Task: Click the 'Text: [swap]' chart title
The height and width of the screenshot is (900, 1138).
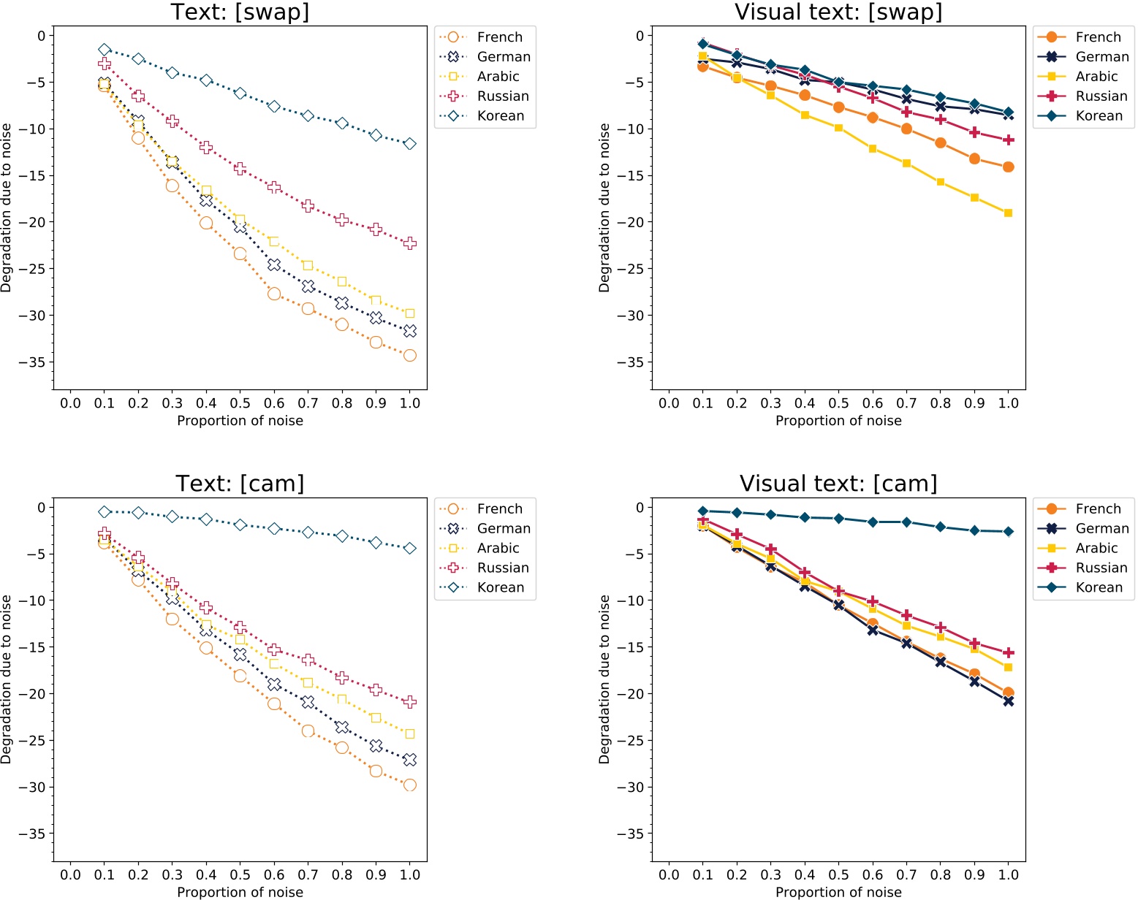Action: coord(240,12)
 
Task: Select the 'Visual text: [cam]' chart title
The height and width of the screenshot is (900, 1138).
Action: coord(838,484)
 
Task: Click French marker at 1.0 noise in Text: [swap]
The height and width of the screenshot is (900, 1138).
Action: coord(410,356)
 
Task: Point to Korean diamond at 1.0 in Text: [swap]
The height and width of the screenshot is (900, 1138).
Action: coord(410,144)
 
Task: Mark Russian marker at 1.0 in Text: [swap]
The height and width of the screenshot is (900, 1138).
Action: coord(410,243)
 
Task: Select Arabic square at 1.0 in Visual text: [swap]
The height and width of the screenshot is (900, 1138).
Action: coord(1009,213)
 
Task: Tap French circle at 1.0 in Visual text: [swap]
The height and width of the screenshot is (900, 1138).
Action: coord(1009,167)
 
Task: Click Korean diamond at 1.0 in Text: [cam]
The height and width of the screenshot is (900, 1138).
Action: coord(410,549)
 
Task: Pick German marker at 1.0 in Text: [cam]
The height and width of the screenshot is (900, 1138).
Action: coord(410,760)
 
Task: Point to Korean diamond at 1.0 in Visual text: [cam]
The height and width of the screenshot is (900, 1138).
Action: coord(1009,532)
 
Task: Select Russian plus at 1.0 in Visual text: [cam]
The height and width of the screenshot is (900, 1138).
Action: coord(1009,653)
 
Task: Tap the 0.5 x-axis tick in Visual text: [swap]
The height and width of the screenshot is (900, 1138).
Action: coord(838,403)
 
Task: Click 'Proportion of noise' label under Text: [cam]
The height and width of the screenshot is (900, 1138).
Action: coord(240,892)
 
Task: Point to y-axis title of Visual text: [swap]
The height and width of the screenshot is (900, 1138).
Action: coord(604,208)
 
